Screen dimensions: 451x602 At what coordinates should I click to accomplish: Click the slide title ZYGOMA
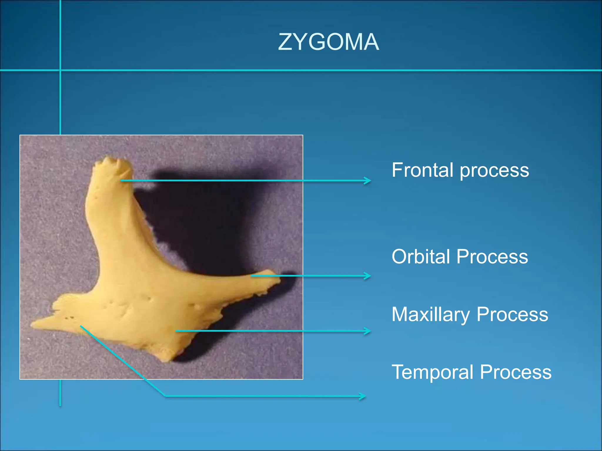pyautogui.click(x=328, y=42)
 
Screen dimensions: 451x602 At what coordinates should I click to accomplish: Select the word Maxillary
pyautogui.click(x=431, y=314)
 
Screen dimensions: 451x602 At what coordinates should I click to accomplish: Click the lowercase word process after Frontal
pyautogui.click(x=494, y=171)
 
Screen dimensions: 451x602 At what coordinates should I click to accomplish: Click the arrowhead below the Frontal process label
pyautogui.click(x=367, y=181)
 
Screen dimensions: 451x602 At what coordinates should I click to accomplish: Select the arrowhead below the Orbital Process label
pyautogui.click(x=367, y=276)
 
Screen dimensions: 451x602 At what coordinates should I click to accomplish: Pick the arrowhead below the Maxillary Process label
pyautogui.click(x=367, y=331)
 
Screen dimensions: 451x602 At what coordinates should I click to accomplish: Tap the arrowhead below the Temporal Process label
pyautogui.click(x=363, y=396)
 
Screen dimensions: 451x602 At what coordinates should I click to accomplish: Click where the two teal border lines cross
pyautogui.click(x=60, y=70)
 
